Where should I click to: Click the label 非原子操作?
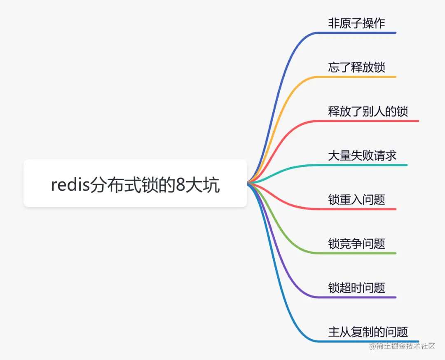(356, 23)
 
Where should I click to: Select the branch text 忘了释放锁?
(356, 67)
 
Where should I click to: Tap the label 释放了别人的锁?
(368, 111)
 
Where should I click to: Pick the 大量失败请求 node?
(362, 155)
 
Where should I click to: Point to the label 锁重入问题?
(356, 200)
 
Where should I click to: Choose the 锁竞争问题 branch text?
(356, 244)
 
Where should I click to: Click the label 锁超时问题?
(356, 288)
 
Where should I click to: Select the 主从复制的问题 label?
(368, 332)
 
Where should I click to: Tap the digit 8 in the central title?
(180, 186)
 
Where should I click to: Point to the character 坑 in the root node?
(212, 186)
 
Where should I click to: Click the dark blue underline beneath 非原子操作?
(363, 33)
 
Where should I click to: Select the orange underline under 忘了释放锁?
(363, 77)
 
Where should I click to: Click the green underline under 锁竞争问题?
(363, 253)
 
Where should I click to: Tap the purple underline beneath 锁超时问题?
(363, 297)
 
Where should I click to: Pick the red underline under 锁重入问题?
(363, 209)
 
